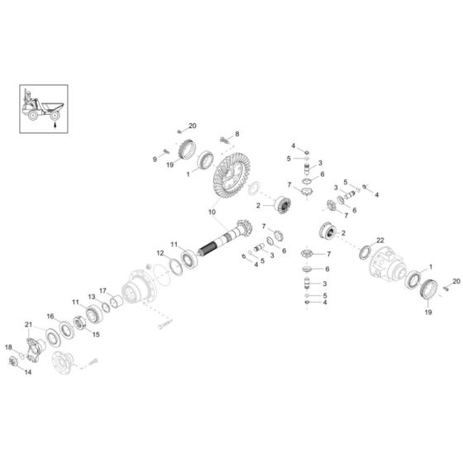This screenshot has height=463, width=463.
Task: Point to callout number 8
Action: point(237,133)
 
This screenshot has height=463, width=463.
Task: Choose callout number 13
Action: point(93,297)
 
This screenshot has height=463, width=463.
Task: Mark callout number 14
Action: point(28,373)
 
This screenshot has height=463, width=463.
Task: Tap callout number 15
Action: point(95,334)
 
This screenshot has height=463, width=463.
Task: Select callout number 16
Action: point(50,316)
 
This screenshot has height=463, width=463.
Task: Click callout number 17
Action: point(104,290)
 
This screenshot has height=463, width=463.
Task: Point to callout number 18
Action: point(9,347)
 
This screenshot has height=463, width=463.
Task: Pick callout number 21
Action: point(28,324)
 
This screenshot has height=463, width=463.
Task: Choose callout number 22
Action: point(380,239)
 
